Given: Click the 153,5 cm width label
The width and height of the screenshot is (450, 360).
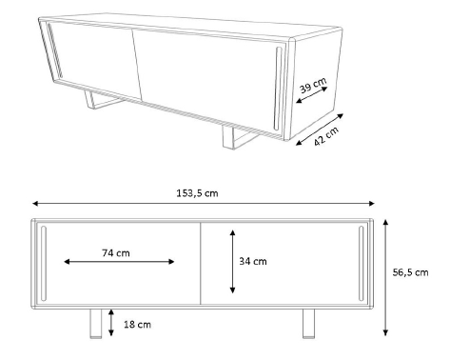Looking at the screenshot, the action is point(197,193).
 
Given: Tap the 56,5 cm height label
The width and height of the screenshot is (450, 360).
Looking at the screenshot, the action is point(410,272).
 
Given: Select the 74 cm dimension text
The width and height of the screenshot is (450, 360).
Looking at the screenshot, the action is point(116,253).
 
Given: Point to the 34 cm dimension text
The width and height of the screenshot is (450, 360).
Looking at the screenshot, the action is point(253,261).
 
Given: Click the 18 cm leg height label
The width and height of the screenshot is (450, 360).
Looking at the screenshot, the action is point(137,325).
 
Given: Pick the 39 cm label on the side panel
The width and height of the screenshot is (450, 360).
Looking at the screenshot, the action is point(313,85).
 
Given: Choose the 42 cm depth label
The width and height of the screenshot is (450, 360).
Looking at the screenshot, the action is point(326,136).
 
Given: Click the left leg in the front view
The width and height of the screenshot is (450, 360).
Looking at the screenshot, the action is point(96,324).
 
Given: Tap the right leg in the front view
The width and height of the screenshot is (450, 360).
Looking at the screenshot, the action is point(308,324).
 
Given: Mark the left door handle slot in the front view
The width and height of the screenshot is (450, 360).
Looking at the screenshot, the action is point(44,263).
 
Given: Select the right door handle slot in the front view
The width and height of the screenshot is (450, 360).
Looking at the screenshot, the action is point(362,263).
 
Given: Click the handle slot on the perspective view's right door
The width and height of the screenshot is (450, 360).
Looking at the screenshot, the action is point(278,89).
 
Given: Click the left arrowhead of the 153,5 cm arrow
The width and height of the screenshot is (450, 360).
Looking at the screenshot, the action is point(35,203).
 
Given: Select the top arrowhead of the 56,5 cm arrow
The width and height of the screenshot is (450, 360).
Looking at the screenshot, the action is point(385,222).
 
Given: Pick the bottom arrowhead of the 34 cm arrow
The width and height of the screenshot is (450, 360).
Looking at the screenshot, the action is point(233,290).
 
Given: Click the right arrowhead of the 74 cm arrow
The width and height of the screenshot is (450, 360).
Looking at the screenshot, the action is point(171,262).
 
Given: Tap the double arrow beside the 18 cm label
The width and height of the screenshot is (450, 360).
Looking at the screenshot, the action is point(110,323).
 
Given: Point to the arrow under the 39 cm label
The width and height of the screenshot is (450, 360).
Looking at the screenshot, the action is point(311,95).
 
